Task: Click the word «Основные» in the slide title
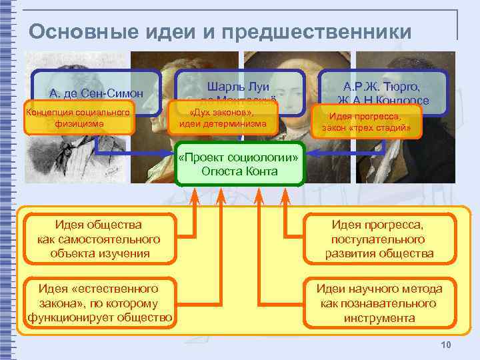(x=73, y=31)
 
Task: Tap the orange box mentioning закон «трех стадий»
(x=371, y=122)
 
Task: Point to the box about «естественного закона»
(x=99, y=303)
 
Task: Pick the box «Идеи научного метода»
(x=379, y=303)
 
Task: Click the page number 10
(x=446, y=344)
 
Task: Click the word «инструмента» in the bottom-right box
(x=379, y=318)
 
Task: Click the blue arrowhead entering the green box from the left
(x=171, y=154)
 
